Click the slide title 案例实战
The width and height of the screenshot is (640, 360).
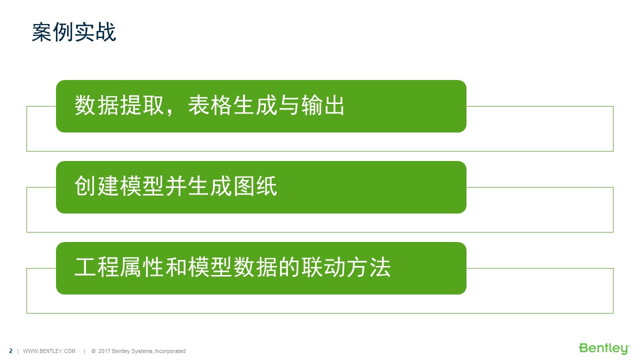[74, 32]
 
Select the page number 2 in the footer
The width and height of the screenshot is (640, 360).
[11, 351]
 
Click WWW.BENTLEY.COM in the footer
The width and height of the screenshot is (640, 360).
[49, 351]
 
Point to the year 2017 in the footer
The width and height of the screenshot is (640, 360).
[104, 351]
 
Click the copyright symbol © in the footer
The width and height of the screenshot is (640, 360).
[93, 351]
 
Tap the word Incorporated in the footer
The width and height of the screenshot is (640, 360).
[170, 351]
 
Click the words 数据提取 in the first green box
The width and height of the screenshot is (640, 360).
[119, 105]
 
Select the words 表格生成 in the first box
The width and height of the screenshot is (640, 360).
[232, 105]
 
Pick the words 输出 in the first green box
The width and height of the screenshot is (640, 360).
[322, 105]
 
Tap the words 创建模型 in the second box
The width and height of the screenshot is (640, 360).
[119, 186]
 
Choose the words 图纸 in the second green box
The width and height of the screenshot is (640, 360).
[255, 186]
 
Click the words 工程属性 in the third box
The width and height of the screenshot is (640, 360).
[119, 267]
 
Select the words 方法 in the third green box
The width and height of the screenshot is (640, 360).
[368, 267]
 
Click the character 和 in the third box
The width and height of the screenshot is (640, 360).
[176, 267]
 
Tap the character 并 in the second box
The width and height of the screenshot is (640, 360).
[176, 186]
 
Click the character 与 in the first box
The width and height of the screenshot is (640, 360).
[289, 105]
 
